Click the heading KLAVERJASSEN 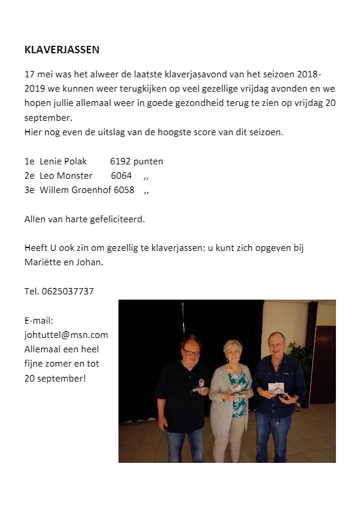(x=62, y=50)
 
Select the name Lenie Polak (x=63, y=162)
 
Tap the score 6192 (x=120, y=162)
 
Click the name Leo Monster (x=66, y=176)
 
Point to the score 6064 (x=121, y=176)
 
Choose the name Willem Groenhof (x=75, y=190)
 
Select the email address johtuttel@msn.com (x=66, y=335)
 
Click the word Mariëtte (x=43, y=262)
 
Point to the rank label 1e (x=30, y=162)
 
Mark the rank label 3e (x=30, y=190)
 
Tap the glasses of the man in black (x=191, y=353)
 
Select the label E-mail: (x=39, y=321)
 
